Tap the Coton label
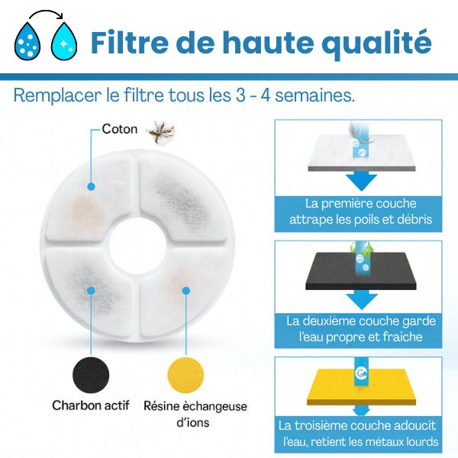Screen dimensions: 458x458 [x=121, y=129]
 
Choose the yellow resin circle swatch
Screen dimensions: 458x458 [x=185, y=373]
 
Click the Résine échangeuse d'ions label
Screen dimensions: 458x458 [x=195, y=414]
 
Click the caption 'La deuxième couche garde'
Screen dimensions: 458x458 [x=358, y=321]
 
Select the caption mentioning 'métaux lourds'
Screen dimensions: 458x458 [x=358, y=434]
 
